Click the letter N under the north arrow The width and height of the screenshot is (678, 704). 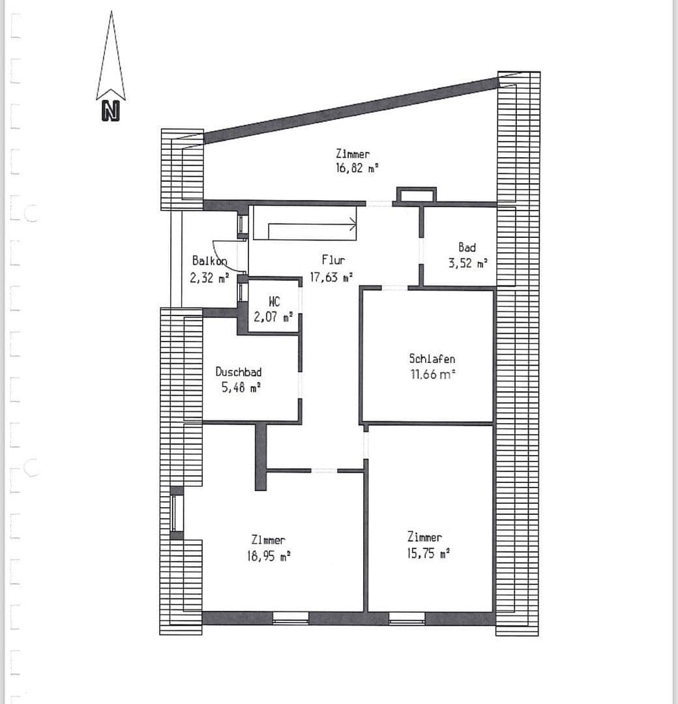tap(111, 111)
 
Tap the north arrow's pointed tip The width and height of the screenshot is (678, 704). tap(111, 12)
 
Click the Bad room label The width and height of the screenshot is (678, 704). tap(467, 247)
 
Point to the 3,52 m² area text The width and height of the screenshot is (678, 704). tap(468, 263)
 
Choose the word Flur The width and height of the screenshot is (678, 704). tap(333, 260)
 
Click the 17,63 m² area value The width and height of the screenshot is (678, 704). tap(331, 277)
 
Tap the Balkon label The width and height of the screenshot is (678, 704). tap(210, 261)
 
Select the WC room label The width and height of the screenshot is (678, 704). tap(274, 301)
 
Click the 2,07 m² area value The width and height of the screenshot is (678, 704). tap(273, 317)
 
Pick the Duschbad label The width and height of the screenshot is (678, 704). tap(239, 372)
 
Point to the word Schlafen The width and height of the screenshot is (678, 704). tap(432, 359)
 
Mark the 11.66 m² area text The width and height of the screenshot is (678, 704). tap(433, 374)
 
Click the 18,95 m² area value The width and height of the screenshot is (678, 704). tap(269, 556)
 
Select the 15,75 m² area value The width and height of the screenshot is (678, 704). tap(428, 553)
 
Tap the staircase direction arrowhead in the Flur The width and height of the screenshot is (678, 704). tap(353, 223)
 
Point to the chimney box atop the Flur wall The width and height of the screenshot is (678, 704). tap(416, 195)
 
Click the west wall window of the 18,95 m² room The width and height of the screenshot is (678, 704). tap(177, 513)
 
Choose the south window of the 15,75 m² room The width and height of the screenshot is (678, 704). tap(407, 619)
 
